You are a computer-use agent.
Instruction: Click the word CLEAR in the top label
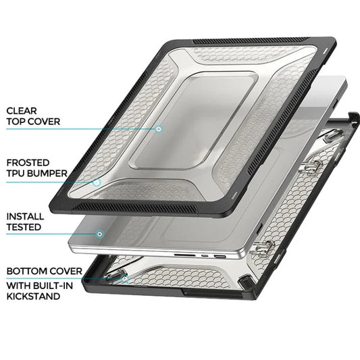22,109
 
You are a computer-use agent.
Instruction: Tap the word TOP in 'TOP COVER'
16,122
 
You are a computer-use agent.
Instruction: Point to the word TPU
16,174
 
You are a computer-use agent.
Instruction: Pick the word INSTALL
25,216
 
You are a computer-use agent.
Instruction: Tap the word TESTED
24,228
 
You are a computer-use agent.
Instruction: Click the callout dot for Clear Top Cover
159,128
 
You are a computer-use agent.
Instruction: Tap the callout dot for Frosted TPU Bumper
97,182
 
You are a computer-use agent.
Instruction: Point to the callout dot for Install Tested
100,234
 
